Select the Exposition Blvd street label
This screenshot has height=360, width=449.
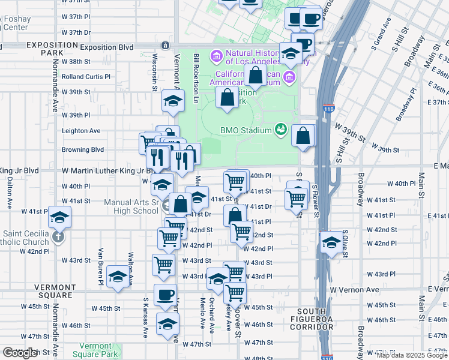[x=106, y=47]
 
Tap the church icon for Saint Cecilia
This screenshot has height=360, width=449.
[x=58, y=236]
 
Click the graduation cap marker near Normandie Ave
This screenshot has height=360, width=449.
[x=59, y=218]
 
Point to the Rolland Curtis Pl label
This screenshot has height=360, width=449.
[x=86, y=77]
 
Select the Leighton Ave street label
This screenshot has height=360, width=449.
[x=82, y=131]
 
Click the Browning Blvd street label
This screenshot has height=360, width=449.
[x=83, y=149]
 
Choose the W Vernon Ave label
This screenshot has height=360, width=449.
[x=355, y=290]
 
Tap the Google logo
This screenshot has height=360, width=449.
[x=20, y=353]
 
